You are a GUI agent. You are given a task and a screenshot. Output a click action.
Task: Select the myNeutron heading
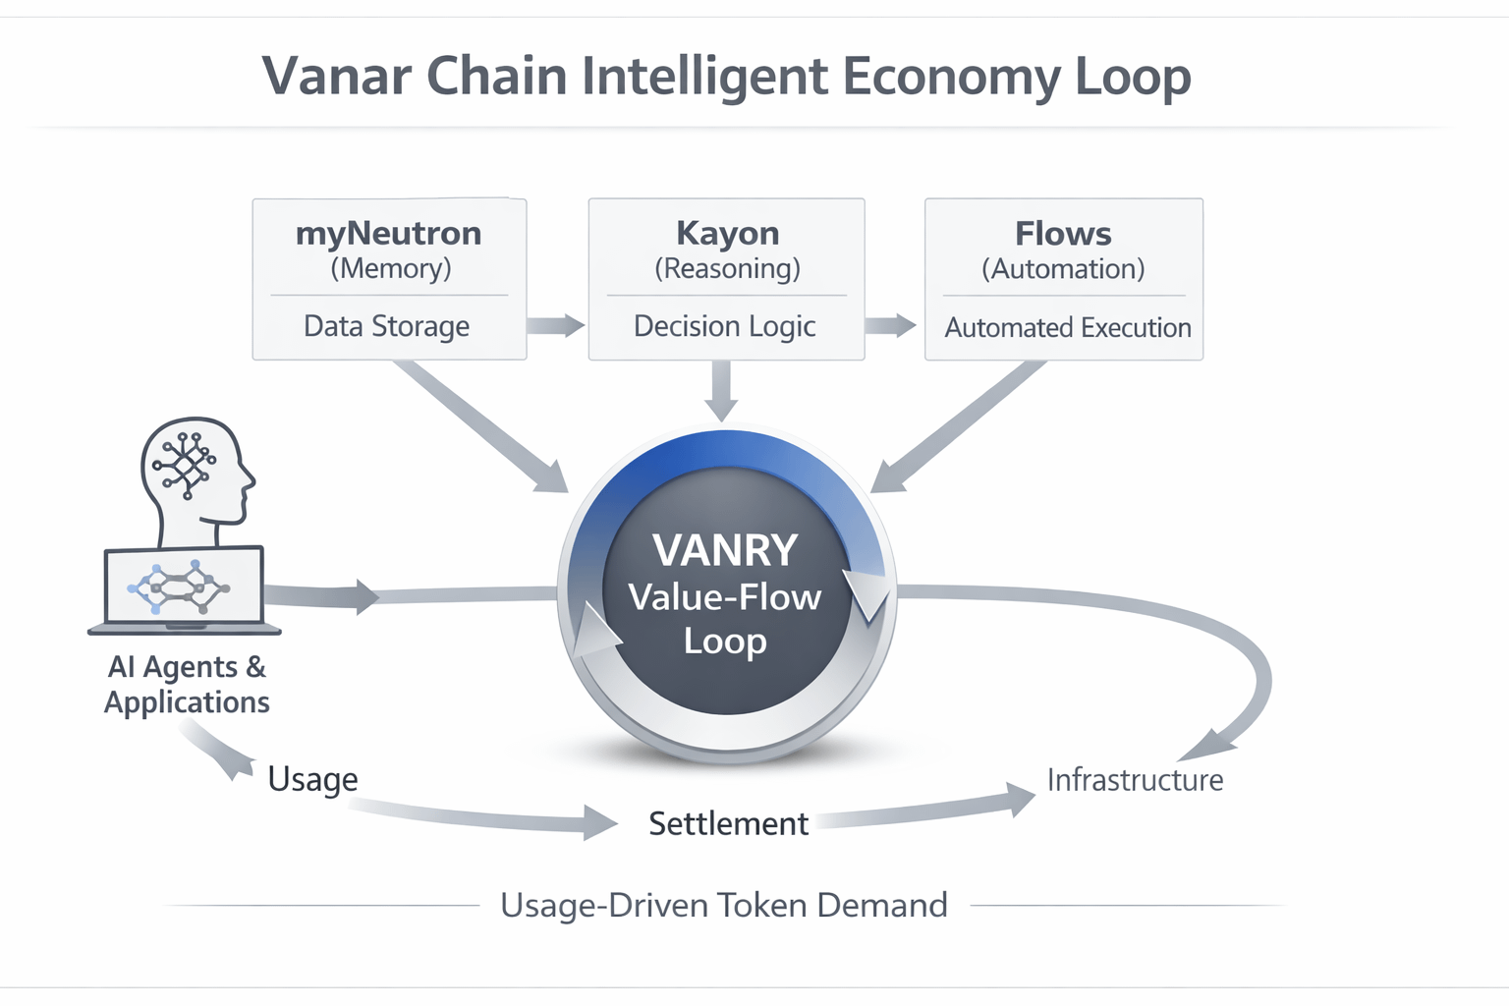(389, 234)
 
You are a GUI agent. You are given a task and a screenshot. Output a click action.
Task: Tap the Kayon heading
(727, 234)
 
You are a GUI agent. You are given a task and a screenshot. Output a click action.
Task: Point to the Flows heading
(1063, 234)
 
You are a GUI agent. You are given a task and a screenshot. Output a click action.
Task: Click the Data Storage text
(386, 326)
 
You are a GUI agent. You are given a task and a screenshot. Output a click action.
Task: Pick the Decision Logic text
(725, 326)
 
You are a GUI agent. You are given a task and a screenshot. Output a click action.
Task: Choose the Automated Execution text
(1068, 327)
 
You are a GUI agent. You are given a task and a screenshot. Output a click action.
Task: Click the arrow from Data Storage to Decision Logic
(556, 325)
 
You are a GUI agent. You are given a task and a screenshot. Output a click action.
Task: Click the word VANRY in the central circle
(725, 550)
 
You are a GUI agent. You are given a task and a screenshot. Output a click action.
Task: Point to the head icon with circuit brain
(196, 472)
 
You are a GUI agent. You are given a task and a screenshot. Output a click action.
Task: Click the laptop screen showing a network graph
(184, 586)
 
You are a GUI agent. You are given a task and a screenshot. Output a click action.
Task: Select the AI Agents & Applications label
(187, 684)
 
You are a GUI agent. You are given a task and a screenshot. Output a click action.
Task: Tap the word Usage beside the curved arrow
(312, 779)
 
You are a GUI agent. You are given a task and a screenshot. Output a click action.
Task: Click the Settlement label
(728, 823)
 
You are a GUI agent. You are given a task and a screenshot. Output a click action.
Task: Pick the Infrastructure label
(1135, 780)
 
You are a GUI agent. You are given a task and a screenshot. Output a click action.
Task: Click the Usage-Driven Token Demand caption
(724, 905)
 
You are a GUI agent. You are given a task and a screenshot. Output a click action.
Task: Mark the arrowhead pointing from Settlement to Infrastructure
(1020, 799)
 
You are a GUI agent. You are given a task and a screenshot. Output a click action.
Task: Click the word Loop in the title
(1133, 77)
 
